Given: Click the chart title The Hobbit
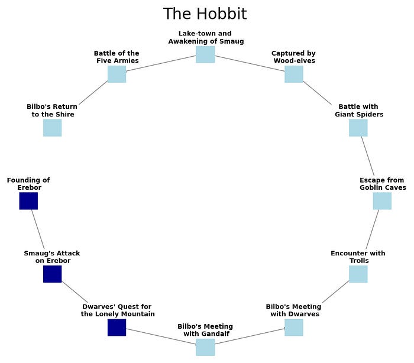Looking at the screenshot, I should (205, 14).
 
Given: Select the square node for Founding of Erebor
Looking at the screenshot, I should (28, 201).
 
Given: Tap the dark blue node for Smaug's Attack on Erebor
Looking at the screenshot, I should (52, 274).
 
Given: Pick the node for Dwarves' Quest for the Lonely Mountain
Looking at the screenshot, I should (117, 328).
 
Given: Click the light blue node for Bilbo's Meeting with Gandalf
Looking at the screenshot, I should (205, 347).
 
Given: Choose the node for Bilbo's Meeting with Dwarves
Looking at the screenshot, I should (293, 328).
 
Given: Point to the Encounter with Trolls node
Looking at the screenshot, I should (358, 274).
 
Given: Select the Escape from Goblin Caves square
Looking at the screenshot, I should (382, 201).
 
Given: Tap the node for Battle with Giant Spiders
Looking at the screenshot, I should (358, 128).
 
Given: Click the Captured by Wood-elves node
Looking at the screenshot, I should (293, 74).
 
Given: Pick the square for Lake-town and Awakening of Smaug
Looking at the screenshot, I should (205, 54).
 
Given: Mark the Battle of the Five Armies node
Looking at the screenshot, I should (117, 74).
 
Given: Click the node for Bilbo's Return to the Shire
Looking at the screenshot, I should (52, 128).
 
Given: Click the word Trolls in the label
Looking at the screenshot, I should (359, 261).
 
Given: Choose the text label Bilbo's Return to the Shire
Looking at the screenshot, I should (52, 111).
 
